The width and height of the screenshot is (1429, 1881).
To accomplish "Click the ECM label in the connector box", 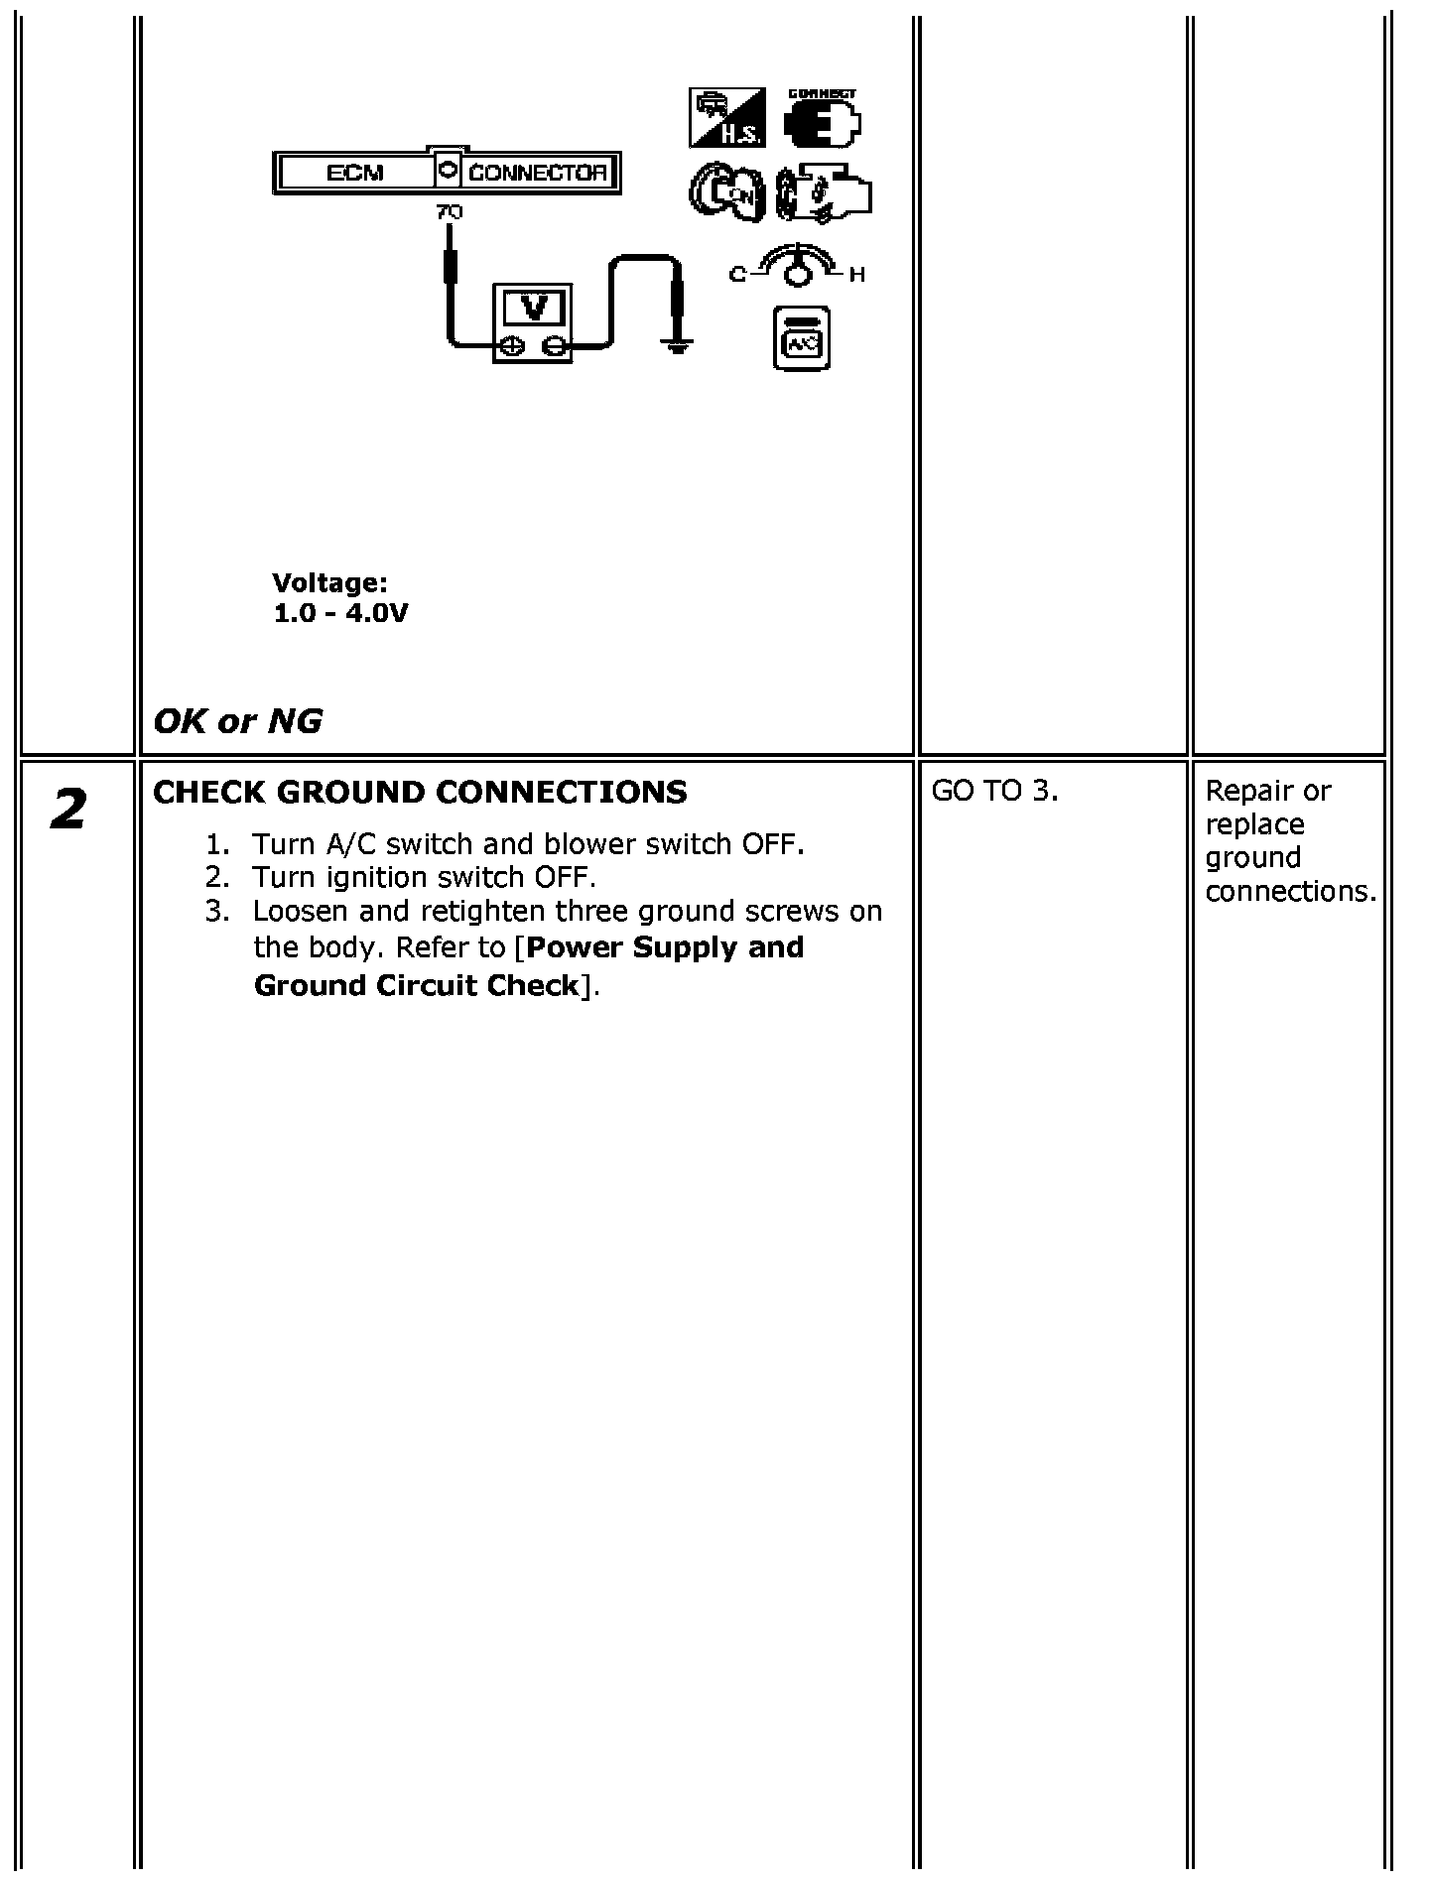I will pyautogui.click(x=354, y=173).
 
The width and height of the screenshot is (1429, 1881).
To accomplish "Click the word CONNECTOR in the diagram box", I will pyautogui.click(x=537, y=173).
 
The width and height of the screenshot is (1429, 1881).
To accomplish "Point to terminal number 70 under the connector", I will pyautogui.click(x=449, y=211).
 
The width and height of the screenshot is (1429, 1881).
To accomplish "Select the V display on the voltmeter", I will pyautogui.click(x=534, y=308).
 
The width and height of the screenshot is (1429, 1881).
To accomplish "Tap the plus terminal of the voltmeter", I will pyautogui.click(x=512, y=345).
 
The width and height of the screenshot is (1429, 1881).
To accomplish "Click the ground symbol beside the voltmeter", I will pyautogui.click(x=677, y=346).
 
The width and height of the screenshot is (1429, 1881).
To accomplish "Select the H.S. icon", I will pyautogui.click(x=726, y=118).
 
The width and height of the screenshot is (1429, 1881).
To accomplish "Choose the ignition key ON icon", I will pyautogui.click(x=726, y=191).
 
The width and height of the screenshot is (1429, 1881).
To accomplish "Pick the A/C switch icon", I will pyautogui.click(x=801, y=339).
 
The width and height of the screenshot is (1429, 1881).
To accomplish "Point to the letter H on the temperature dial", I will pyautogui.click(x=857, y=275).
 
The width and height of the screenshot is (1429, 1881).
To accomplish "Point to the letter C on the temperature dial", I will pyautogui.click(x=737, y=275).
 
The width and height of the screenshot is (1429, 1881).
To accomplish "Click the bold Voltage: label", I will pyautogui.click(x=329, y=582).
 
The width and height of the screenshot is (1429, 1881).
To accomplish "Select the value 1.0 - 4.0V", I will pyautogui.click(x=340, y=613).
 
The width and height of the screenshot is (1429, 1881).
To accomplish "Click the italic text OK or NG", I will pyautogui.click(x=238, y=721).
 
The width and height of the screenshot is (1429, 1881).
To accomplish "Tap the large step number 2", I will pyautogui.click(x=67, y=811).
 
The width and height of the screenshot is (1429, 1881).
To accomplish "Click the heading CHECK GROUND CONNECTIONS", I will pyautogui.click(x=420, y=792).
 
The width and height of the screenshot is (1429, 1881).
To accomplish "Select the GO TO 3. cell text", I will pyautogui.click(x=994, y=791).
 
